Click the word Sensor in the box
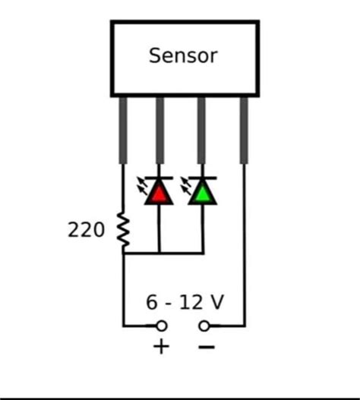click(183, 56)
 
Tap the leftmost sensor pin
click(123, 129)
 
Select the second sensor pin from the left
click(159, 129)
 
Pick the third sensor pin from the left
click(201, 129)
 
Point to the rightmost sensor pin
click(244, 129)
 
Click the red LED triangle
click(159, 193)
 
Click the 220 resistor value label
click(86, 230)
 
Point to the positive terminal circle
click(161, 326)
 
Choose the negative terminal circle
click(204, 326)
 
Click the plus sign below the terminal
click(161, 347)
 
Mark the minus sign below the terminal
click(206, 347)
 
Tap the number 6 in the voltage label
click(153, 303)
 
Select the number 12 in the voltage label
click(191, 303)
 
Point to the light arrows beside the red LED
click(142, 184)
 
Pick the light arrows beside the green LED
click(185, 184)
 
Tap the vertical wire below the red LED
click(159, 228)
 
